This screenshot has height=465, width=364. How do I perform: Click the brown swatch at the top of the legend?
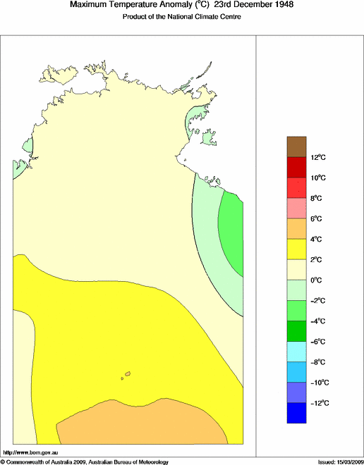click(297, 147)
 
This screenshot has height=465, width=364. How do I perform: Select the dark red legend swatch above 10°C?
click(297, 168)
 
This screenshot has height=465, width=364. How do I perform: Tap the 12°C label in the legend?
click(318, 158)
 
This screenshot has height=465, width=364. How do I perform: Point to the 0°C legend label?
click(318, 280)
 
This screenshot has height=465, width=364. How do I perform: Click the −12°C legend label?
click(318, 402)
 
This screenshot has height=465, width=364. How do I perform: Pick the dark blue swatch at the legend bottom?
click(297, 413)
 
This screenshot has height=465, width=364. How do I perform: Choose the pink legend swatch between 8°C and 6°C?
click(297, 209)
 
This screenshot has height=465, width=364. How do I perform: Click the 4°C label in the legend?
click(318, 239)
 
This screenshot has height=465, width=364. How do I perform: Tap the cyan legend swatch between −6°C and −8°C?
click(297, 351)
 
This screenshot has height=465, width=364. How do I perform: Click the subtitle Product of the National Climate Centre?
click(182, 16)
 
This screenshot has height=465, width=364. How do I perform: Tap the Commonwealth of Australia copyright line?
click(85, 461)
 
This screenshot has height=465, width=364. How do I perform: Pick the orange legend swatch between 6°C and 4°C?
click(297, 229)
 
